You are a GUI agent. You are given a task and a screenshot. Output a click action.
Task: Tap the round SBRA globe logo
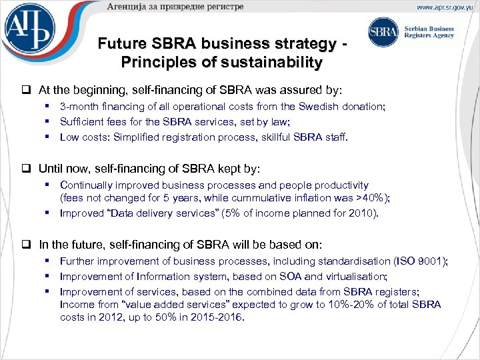(x=383, y=33)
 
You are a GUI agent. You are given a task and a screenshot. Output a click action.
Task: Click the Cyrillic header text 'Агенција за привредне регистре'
(x=175, y=7)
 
